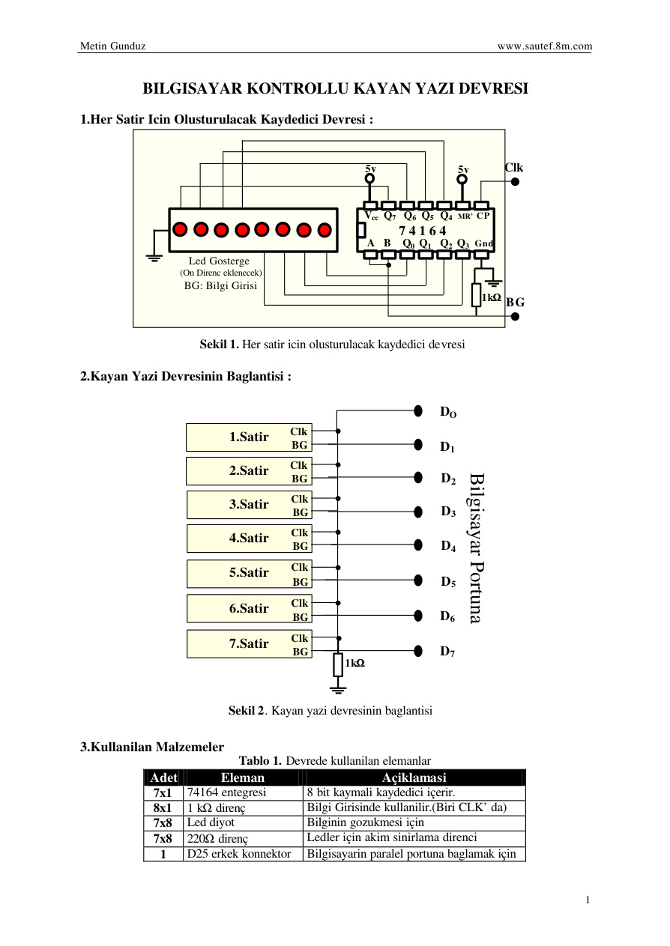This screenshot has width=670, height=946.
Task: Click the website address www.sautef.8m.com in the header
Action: coord(545,46)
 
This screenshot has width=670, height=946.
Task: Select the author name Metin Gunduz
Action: coord(113,46)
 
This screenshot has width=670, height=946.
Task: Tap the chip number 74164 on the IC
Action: coord(423,231)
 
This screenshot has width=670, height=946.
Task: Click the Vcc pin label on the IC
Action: coord(371,216)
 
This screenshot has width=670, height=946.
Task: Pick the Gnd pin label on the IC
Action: coord(483,243)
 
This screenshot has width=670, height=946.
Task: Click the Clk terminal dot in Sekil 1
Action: coord(515,181)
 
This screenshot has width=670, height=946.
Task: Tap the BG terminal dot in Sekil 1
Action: coord(515,316)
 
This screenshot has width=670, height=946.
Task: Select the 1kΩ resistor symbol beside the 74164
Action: coord(476,294)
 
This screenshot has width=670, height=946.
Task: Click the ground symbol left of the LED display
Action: coord(154,258)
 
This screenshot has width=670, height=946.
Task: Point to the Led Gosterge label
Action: coord(219,261)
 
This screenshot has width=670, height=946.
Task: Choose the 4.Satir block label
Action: coord(249,538)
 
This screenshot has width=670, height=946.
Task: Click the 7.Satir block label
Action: coord(249,643)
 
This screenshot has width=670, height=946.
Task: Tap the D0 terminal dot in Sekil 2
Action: coord(417,410)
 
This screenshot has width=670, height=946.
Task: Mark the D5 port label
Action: coord(448,582)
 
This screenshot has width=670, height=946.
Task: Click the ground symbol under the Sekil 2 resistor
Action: coord(338,691)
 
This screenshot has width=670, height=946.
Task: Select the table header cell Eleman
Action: coord(243,777)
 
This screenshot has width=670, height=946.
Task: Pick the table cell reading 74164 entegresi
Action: coord(226,792)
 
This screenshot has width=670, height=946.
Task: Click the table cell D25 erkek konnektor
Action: coord(239,854)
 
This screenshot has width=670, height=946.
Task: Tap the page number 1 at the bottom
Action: coord(588,900)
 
